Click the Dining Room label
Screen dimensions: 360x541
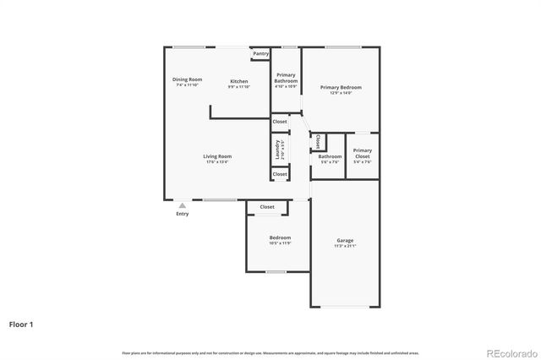[x=188, y=79]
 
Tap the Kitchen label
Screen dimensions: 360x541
[x=239, y=81]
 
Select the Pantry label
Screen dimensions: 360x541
[x=260, y=54]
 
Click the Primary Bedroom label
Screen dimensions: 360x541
[x=341, y=87]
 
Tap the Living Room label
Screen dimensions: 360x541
[x=217, y=156]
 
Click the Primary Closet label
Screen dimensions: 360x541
[x=362, y=153]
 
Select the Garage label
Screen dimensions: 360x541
[x=345, y=241]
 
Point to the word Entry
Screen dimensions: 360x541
[x=182, y=214]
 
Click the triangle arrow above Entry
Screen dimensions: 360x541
[x=182, y=205]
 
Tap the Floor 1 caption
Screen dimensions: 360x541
[x=21, y=324]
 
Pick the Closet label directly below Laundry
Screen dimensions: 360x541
[x=279, y=174]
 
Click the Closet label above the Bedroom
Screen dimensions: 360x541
[x=267, y=207]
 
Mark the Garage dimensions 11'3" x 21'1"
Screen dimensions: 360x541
[x=345, y=246]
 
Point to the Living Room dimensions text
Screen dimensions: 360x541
[x=217, y=161]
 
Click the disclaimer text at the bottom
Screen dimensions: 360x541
[x=270, y=352]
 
